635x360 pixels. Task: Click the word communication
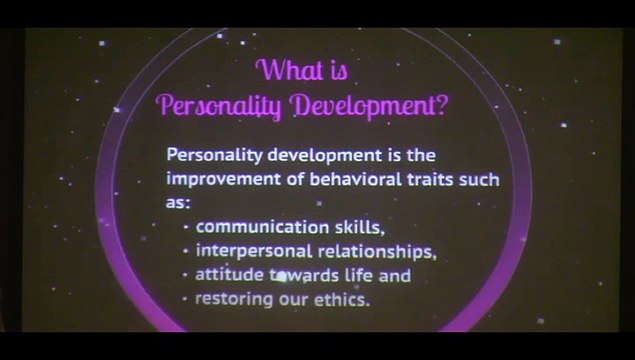(254, 226)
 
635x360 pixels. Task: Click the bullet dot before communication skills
(187, 227)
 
